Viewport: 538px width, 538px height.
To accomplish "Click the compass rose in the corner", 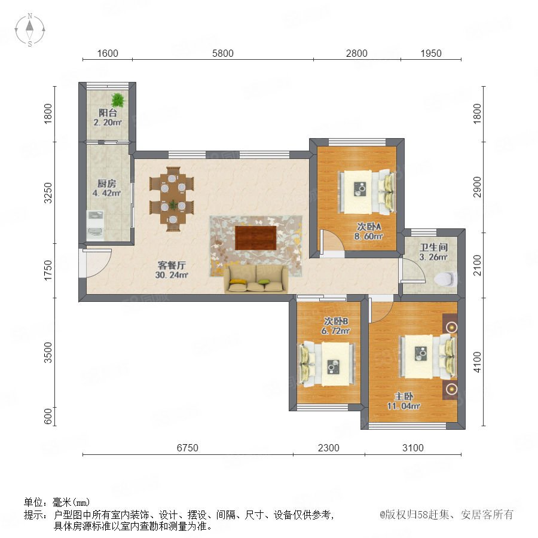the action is coord(30,30).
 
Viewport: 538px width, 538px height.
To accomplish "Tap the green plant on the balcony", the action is coord(118,100).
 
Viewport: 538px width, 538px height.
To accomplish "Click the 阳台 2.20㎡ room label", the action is coord(108,117).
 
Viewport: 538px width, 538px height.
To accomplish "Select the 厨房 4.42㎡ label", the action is coord(107,188).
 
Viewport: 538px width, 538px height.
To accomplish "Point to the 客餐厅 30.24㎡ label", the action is coord(172,270).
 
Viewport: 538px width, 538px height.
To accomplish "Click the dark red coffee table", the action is coord(256,238).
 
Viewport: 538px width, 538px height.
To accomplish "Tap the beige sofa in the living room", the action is coord(256,279).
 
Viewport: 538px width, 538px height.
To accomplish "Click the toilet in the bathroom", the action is coord(446,278).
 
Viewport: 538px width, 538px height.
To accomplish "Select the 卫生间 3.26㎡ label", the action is coord(433,252).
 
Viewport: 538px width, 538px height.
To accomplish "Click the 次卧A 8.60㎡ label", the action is coord(369,231).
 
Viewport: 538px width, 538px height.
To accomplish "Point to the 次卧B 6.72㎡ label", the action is coord(335,326).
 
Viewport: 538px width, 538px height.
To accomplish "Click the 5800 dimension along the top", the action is coord(223,53).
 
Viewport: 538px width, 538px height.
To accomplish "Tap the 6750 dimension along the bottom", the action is coord(187,448).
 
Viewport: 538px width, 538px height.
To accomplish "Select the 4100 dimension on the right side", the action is coord(477,362).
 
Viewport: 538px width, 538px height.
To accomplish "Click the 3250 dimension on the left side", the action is coord(48,193).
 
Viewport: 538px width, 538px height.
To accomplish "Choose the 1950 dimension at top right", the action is coord(431,53).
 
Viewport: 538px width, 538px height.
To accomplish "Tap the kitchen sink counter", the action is coord(95,225).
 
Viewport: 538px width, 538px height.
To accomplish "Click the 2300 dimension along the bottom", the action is coord(328,448).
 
